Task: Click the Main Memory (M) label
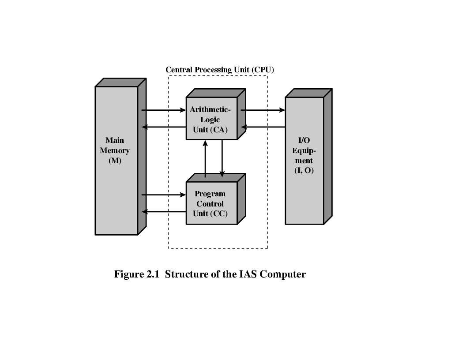pos(115,150)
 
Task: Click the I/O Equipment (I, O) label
pos(304,155)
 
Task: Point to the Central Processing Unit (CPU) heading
pos(220,70)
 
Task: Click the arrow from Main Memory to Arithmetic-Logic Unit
pos(163,110)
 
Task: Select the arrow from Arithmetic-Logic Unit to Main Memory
pos(163,127)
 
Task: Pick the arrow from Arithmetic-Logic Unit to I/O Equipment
pos(263,110)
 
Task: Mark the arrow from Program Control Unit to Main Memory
pos(163,212)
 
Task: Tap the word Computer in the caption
pos(283,274)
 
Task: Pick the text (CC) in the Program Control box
pos(219,214)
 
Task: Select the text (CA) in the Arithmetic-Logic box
pos(219,130)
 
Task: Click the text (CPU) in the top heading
pos(264,70)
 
